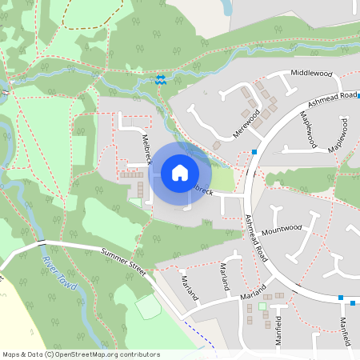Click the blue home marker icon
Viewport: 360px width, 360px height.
(x=180, y=172)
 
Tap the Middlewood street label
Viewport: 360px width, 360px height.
(x=311, y=73)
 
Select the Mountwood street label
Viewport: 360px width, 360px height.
(x=281, y=227)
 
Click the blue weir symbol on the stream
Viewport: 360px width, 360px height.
(x=161, y=78)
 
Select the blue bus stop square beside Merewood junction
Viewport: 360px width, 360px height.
(x=254, y=151)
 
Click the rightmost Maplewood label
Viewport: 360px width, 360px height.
(x=344, y=132)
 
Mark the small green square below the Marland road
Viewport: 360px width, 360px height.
(x=262, y=306)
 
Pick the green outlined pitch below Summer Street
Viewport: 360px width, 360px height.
(x=147, y=307)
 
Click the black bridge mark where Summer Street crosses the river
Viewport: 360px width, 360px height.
(x=40, y=241)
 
